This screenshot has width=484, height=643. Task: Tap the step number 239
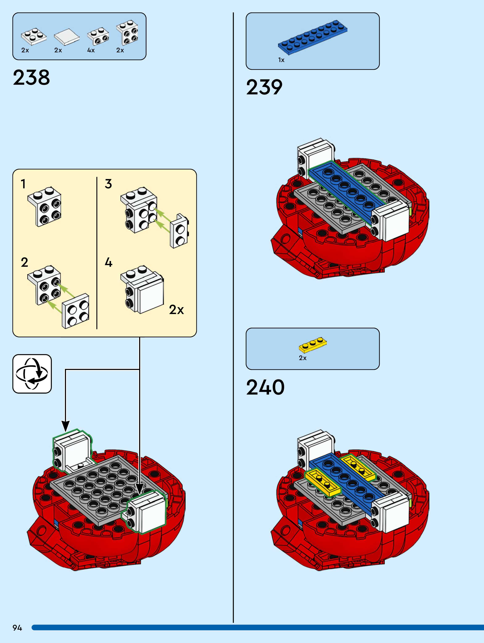pos(264,87)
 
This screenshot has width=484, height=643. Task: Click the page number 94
pos(17,628)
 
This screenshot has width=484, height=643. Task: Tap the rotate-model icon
pos(32,374)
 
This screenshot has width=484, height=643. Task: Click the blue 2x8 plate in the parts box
pos(313,37)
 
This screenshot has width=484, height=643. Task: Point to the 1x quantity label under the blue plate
pos(281,60)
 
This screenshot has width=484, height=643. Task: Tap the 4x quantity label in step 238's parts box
pos(91,50)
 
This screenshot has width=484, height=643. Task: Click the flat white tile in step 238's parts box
pos(67,37)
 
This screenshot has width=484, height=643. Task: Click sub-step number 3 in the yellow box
pos(108,184)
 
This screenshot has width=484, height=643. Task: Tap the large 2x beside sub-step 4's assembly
pos(177,310)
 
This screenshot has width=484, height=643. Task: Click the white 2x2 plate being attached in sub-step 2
pos(76,311)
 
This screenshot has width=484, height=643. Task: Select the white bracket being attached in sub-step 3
pos(179,231)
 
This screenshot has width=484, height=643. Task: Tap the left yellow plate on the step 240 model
pos(323,482)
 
